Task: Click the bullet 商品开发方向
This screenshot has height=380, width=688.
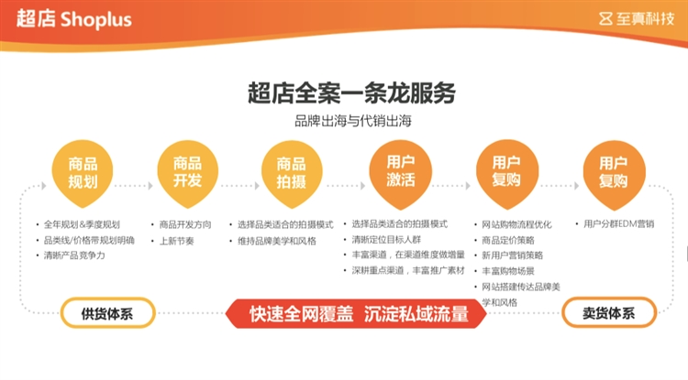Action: pos(185,224)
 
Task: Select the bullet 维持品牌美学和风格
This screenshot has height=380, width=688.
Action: pos(276,240)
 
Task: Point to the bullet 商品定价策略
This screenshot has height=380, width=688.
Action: pos(510,240)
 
